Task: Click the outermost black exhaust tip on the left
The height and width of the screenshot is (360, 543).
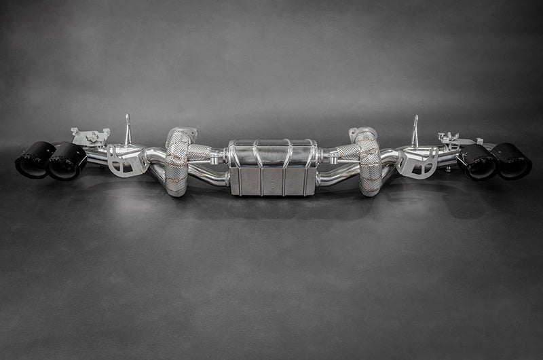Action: (34, 160)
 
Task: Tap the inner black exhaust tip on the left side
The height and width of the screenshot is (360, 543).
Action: (67, 162)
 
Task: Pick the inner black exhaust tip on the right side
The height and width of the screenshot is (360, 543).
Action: (478, 162)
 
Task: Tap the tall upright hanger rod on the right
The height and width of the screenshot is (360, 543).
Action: (415, 130)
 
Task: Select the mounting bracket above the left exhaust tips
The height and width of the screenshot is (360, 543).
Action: (90, 137)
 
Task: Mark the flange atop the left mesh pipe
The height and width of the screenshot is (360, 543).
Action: (181, 132)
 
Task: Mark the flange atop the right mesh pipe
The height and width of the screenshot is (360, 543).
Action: (363, 132)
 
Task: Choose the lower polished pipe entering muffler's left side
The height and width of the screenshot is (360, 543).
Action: (210, 178)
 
